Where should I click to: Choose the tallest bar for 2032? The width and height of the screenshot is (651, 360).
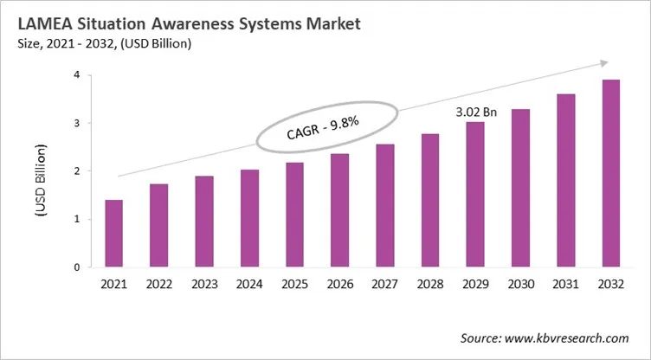pos(610,173)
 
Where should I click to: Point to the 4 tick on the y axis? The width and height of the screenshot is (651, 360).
pos(77,75)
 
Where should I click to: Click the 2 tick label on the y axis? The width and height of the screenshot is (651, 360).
pos(77,171)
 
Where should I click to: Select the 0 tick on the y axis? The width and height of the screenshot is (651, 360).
pos(77,267)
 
